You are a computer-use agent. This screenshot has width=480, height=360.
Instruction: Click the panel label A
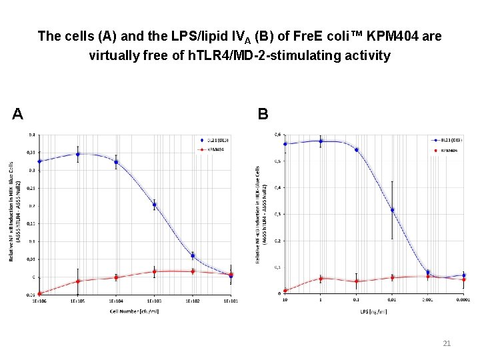point(18,114)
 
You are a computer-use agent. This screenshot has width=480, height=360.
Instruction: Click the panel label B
point(263,114)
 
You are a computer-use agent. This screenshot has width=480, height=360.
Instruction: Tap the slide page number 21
point(447,343)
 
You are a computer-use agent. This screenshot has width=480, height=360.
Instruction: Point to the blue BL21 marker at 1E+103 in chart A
point(154,205)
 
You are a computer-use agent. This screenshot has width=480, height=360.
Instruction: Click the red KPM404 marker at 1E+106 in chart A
point(39,293)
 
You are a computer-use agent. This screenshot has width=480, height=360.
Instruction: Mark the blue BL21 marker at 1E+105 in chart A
point(78,154)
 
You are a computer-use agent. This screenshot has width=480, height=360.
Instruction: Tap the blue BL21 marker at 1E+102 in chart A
point(193,255)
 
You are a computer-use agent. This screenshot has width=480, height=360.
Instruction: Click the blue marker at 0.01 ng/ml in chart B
point(392,210)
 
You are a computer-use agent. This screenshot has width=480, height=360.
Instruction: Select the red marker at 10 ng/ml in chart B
point(285,291)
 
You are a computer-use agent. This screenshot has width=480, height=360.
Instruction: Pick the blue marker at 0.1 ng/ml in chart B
point(356,149)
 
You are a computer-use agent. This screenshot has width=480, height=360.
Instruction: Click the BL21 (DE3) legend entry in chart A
point(215,141)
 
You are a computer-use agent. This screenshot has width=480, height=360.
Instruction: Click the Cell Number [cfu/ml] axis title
point(134,311)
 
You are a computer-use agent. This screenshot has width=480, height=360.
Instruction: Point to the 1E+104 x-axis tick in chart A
point(116,301)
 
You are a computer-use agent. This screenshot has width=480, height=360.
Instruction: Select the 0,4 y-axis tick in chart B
point(277,187)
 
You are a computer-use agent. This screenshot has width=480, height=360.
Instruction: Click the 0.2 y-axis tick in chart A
point(32,206)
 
